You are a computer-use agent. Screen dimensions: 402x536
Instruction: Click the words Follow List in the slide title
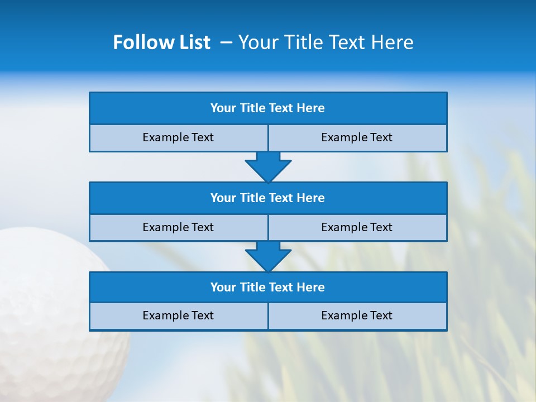pyautogui.click(x=161, y=42)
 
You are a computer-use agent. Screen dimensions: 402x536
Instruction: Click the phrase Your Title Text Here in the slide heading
pyautogui.click(x=326, y=42)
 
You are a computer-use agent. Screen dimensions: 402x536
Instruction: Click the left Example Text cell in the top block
pyautogui.click(x=178, y=137)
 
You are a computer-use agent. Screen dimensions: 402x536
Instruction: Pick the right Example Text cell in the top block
pyautogui.click(x=357, y=137)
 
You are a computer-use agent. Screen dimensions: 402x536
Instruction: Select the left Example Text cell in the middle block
pyautogui.click(x=178, y=227)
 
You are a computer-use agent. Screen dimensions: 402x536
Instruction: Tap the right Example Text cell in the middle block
pyautogui.click(x=357, y=227)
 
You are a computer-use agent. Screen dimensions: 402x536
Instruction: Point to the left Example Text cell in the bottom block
pyautogui.click(x=178, y=315)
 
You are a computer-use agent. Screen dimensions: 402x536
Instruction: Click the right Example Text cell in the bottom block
pyautogui.click(x=357, y=315)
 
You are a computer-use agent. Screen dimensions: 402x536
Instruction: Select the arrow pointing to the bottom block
pyautogui.click(x=268, y=256)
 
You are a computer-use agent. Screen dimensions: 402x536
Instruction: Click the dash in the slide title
pyautogui.click(x=226, y=42)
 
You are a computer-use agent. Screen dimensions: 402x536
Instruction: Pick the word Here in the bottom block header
pyautogui.click(x=311, y=288)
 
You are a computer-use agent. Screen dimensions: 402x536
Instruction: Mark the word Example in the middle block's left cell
pyautogui.click(x=164, y=227)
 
